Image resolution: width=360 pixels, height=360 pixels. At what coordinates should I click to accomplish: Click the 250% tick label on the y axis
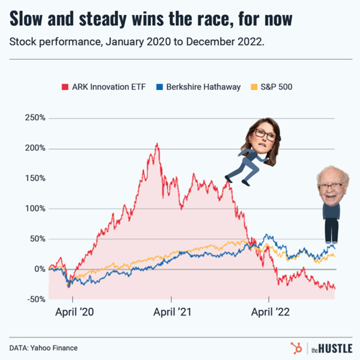point(35,118)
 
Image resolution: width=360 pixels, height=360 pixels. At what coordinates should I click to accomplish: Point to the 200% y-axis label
point(35,149)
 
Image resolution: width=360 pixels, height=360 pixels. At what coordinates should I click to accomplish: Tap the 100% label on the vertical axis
point(35,209)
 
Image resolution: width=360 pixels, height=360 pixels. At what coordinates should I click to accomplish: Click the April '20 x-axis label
point(75,312)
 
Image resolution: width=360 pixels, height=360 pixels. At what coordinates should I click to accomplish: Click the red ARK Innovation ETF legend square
point(65,87)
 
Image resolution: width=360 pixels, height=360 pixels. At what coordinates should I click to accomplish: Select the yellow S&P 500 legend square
point(253,87)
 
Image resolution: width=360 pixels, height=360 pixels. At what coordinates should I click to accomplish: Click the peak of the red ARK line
point(157,144)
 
